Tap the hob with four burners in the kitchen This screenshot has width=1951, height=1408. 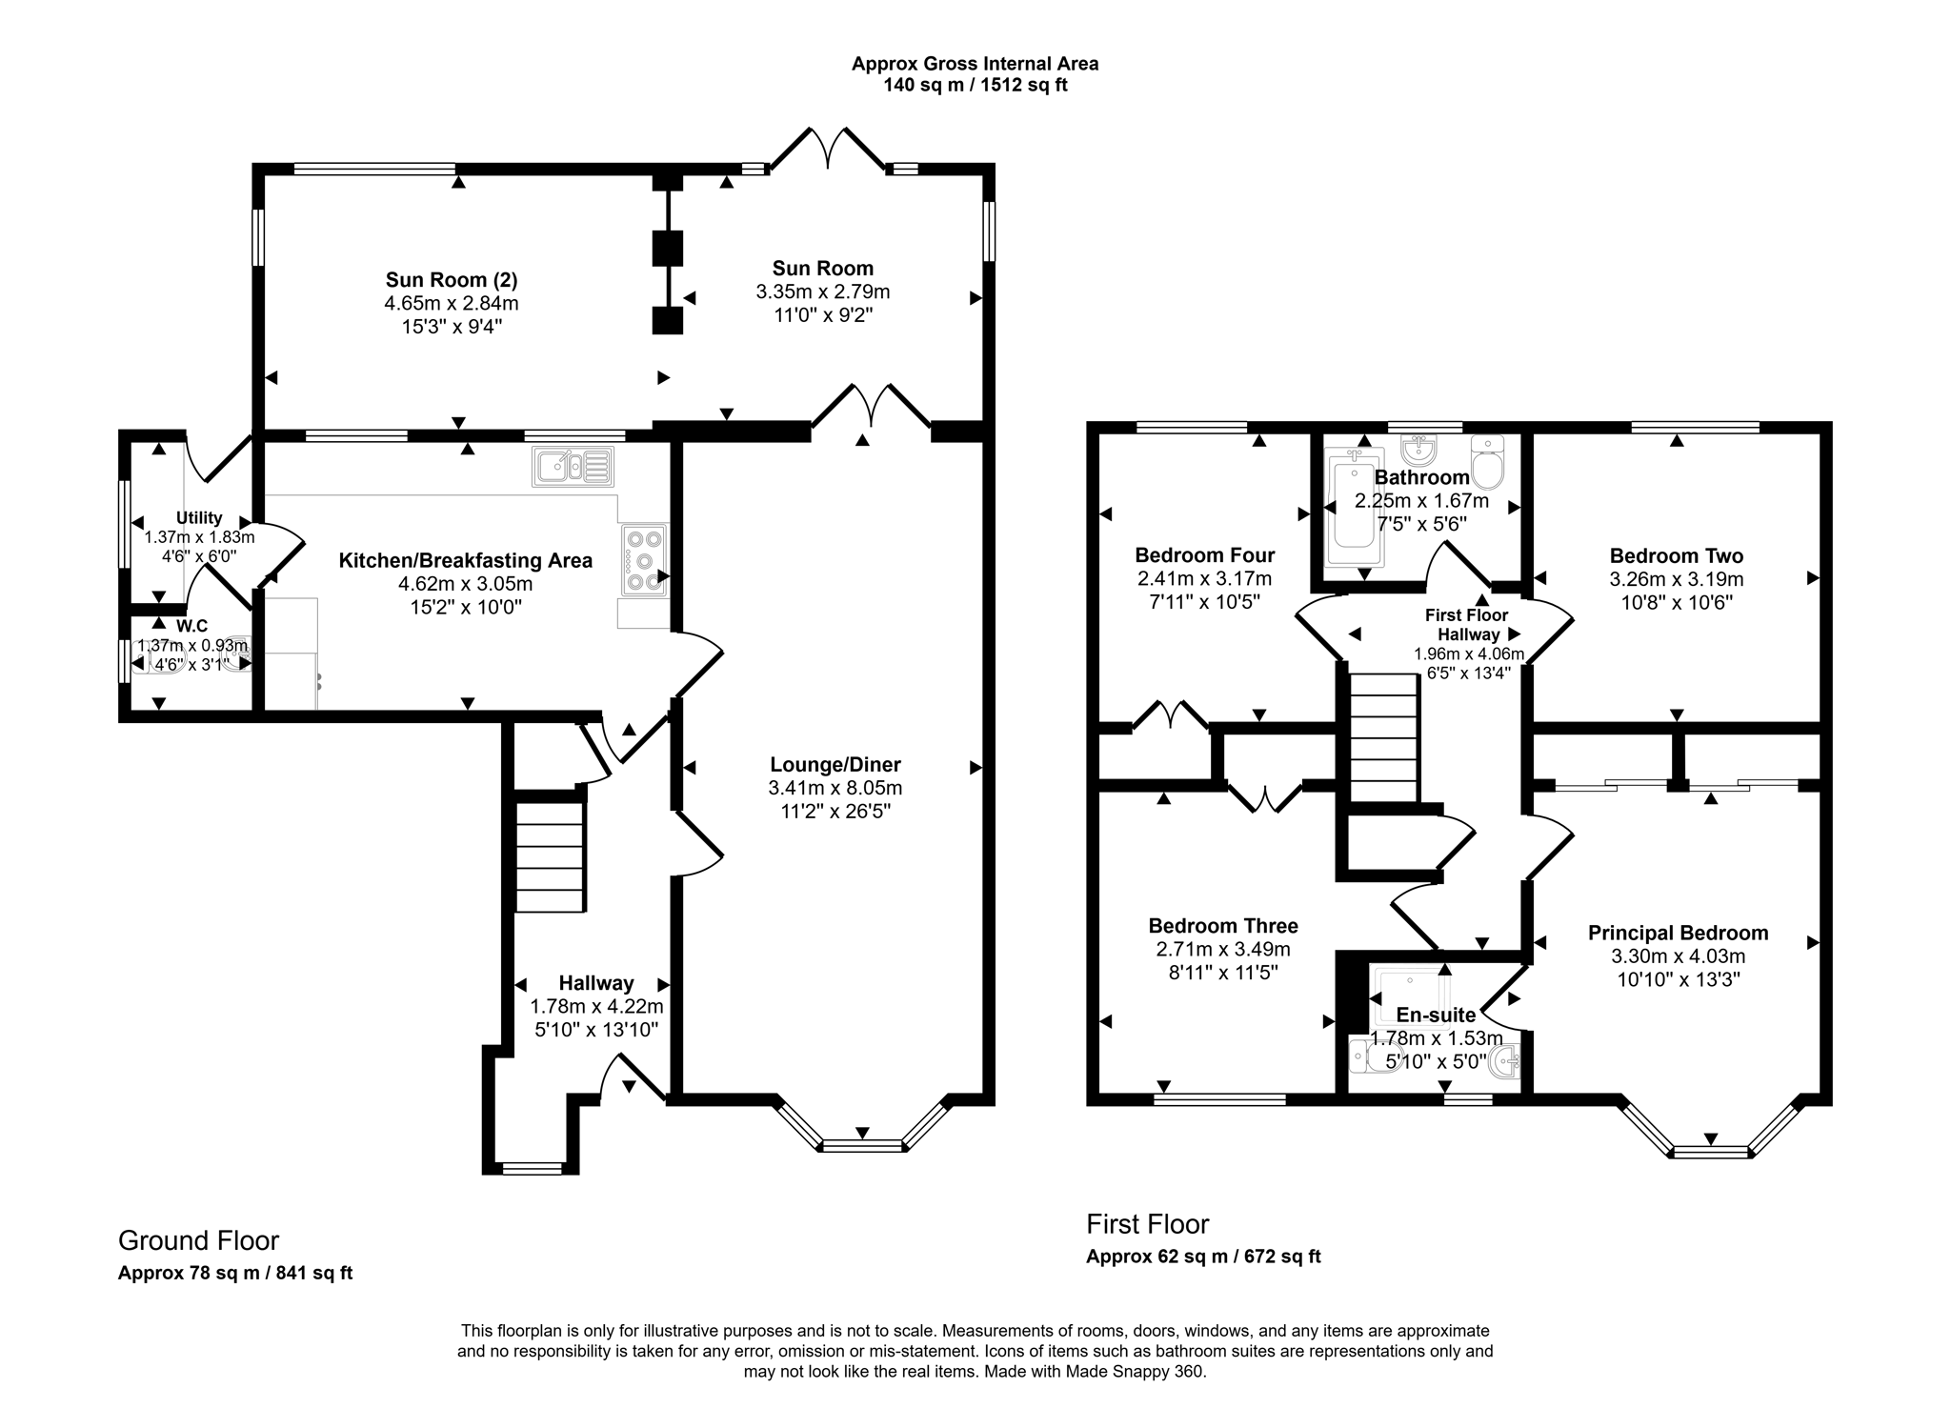pos(645,560)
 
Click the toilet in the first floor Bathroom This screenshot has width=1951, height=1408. pos(1487,463)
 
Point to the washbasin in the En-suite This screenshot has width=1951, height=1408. pos(1505,1061)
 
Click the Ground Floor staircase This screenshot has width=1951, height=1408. pos(550,856)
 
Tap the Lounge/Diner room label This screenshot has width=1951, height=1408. pos(835,764)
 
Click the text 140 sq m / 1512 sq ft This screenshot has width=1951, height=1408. pos(975,85)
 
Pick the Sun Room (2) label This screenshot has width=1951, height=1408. pos(452,280)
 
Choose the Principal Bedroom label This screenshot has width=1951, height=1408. pos(1678,934)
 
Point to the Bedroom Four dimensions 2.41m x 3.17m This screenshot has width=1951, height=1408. pos(1204,579)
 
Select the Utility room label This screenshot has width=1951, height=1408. pos(199,518)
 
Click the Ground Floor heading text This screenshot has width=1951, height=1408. pos(198,1240)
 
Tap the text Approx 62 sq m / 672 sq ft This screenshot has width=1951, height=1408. pos(1203,1257)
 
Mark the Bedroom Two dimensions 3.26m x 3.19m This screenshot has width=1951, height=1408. pos(1677,579)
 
